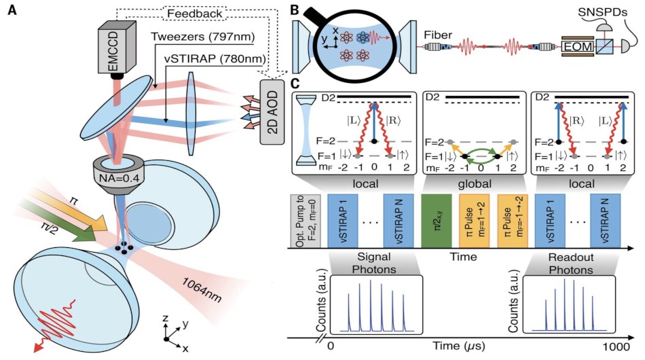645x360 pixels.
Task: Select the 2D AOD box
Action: [272, 112]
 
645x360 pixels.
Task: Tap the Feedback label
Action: [195, 14]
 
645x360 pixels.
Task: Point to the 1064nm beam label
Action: [202, 289]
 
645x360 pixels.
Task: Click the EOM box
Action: [578, 46]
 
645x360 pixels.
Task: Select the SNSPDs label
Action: [602, 12]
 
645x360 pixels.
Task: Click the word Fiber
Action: [438, 35]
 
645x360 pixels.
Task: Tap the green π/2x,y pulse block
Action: [437, 221]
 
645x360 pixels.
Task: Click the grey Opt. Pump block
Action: [306, 221]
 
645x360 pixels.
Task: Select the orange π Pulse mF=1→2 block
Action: [474, 221]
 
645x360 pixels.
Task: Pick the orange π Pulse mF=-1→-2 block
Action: [513, 221]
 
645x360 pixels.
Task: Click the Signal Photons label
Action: [374, 264]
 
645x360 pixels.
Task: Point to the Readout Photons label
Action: [571, 264]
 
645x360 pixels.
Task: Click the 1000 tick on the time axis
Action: [616, 346]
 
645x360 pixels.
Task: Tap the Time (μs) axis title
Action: [459, 346]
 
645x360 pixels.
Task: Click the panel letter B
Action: [295, 10]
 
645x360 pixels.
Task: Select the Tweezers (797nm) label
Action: [203, 37]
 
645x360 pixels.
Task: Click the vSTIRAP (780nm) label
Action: [215, 59]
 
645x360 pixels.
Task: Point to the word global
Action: [475, 183]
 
